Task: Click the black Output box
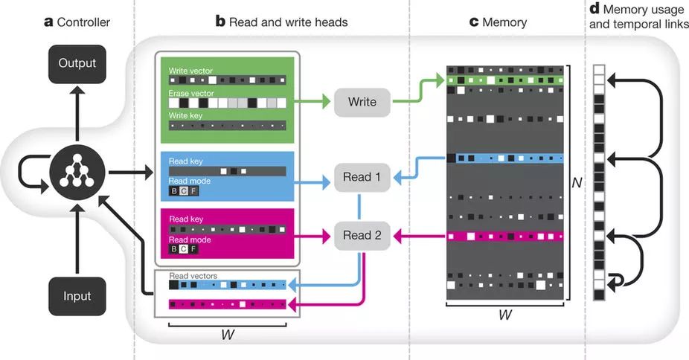click(x=77, y=64)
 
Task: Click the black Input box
click(x=77, y=296)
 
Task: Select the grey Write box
click(x=362, y=102)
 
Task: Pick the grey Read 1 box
click(x=362, y=177)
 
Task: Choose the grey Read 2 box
click(x=362, y=236)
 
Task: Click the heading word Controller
click(x=83, y=22)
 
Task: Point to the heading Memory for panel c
click(x=504, y=22)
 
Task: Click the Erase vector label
click(x=191, y=94)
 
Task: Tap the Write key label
click(x=186, y=117)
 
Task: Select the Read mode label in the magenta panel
click(x=189, y=240)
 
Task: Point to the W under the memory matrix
click(x=504, y=315)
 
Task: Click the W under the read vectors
click(x=228, y=334)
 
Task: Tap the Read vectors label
click(x=193, y=276)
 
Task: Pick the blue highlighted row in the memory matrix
click(x=504, y=158)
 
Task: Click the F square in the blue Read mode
click(x=193, y=192)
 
